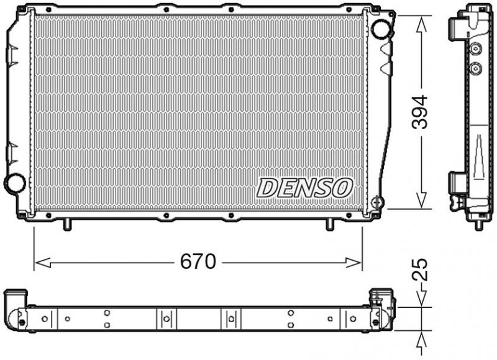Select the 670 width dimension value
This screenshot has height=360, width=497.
pos(198,262)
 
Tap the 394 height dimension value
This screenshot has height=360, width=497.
pos(421,112)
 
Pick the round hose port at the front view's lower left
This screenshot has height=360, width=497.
pos(14,183)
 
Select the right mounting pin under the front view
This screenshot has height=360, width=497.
pos(330,224)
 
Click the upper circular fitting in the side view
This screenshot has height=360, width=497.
pos(476,50)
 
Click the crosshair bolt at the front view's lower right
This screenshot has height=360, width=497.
pos(377,202)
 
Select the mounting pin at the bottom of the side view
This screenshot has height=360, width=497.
pos(478,223)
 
